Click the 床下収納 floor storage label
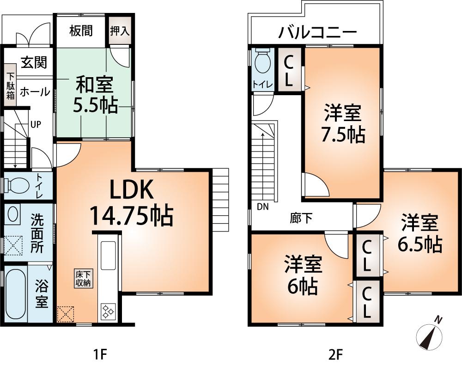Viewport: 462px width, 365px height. click(x=84, y=279)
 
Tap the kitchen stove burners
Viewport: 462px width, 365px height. click(x=109, y=311)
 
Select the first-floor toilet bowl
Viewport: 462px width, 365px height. click(x=17, y=186)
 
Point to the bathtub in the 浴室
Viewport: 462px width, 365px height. click(x=14, y=292)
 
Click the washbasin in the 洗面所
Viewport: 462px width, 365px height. click(x=13, y=215)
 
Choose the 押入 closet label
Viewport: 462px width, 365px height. click(x=120, y=31)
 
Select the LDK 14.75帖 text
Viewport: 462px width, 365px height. click(x=131, y=202)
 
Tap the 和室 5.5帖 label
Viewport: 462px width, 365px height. click(x=94, y=95)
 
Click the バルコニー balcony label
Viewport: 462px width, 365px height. click(x=317, y=33)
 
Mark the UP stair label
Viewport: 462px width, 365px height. click(x=36, y=124)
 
